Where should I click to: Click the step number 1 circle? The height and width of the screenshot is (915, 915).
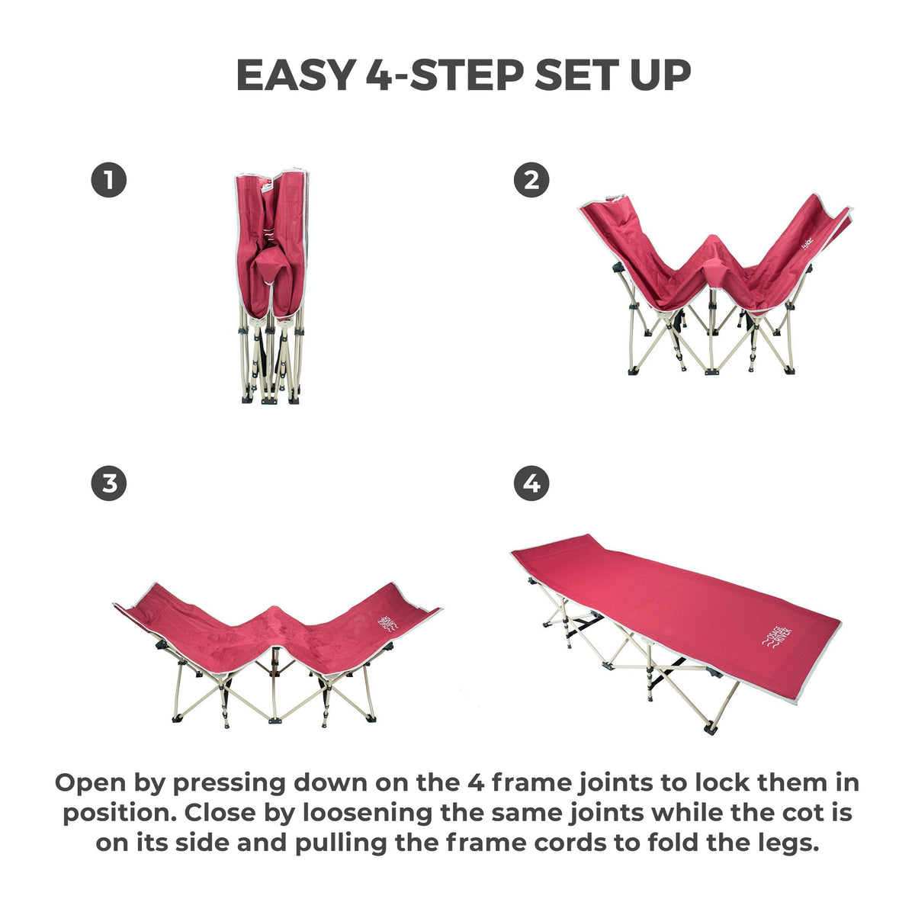tap(109, 180)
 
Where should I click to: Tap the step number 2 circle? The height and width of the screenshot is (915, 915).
tap(531, 180)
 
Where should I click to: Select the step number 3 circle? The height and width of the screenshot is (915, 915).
tap(109, 484)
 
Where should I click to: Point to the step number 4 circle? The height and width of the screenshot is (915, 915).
tap(531, 484)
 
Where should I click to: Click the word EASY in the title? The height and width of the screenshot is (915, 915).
tap(297, 75)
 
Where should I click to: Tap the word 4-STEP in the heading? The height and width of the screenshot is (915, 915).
tap(445, 75)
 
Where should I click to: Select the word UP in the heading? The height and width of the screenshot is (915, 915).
tap(660, 75)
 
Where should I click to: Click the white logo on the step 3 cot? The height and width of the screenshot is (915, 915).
tap(388, 624)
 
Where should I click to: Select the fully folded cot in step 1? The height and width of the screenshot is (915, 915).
tap(272, 287)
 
